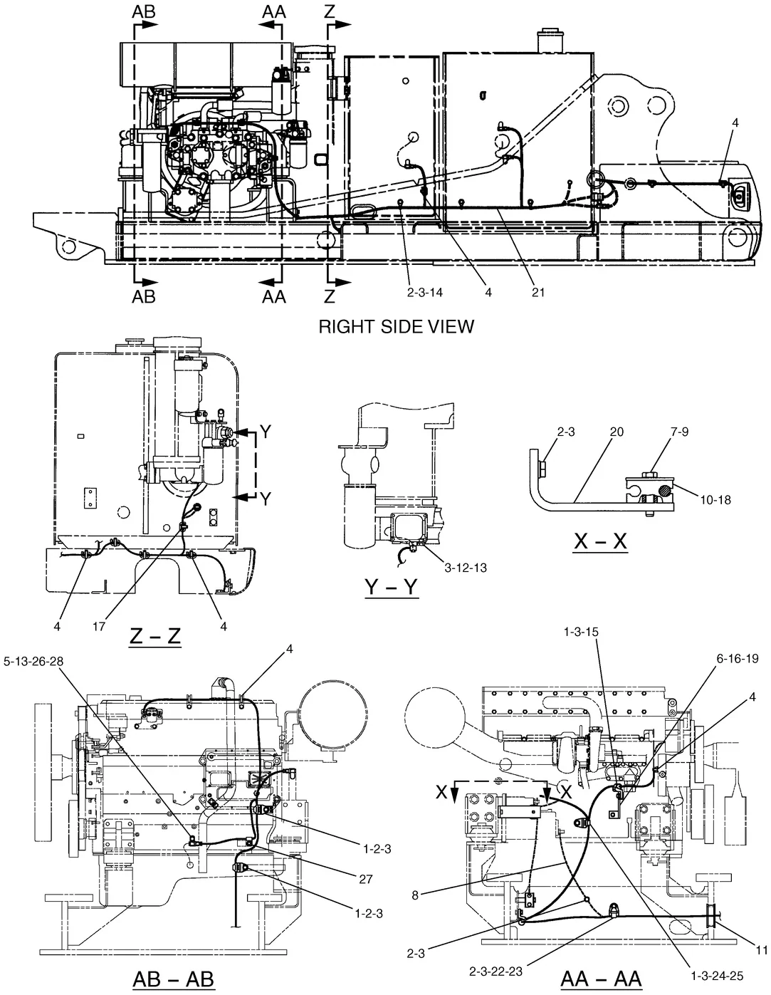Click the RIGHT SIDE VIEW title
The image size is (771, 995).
(x=397, y=327)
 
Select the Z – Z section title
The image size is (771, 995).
(x=155, y=637)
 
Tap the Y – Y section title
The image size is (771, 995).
(x=392, y=587)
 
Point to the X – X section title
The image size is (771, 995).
(x=600, y=542)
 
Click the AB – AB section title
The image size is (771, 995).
(x=174, y=979)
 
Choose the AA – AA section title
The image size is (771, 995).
(x=602, y=979)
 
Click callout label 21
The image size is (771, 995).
(x=538, y=292)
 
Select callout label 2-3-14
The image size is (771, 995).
(x=425, y=292)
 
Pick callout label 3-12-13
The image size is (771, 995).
(x=466, y=568)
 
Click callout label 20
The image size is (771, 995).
(x=617, y=432)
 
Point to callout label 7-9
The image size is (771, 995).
(x=679, y=432)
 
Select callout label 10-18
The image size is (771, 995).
(x=715, y=500)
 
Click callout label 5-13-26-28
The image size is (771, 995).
(x=33, y=661)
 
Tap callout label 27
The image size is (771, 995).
(x=366, y=879)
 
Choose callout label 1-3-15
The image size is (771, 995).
(x=581, y=632)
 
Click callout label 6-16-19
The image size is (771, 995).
(x=738, y=658)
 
